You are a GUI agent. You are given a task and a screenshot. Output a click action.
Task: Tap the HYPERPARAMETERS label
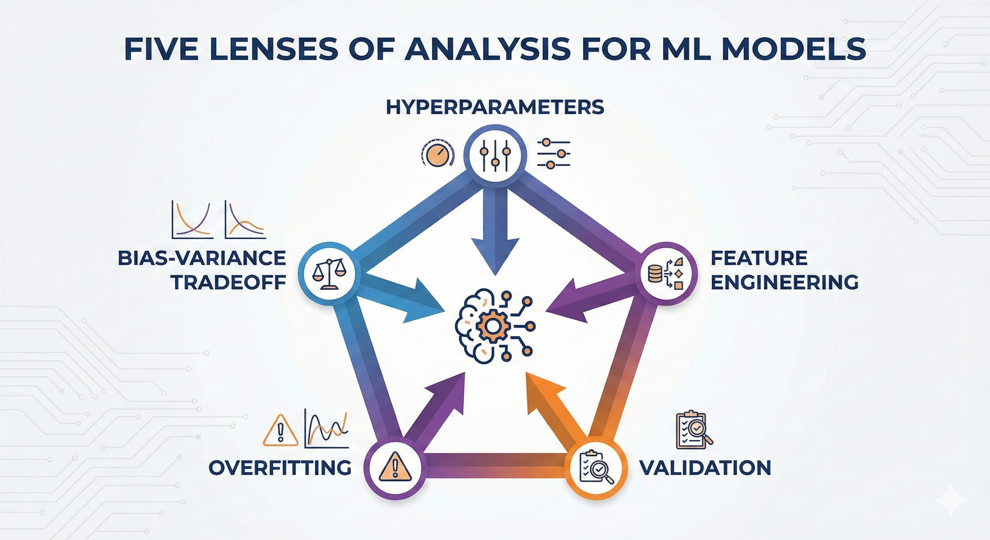click(495, 107)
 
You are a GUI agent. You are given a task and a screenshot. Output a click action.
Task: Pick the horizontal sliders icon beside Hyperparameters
click(553, 154)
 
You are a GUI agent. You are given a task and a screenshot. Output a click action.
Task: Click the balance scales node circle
click(329, 273)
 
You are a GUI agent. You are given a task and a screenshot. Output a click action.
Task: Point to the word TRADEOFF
click(228, 282)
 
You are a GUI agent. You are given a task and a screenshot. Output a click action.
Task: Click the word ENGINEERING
click(784, 282)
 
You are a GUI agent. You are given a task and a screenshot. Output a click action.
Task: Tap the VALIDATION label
click(705, 468)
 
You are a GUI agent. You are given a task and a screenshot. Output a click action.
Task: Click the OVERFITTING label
click(280, 468)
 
